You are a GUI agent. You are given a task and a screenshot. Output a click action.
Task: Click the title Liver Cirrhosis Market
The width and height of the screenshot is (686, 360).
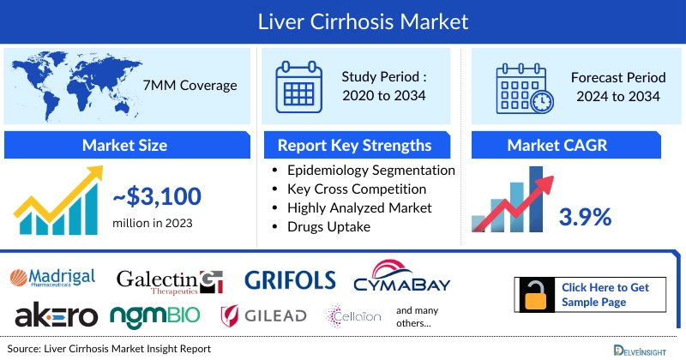coord(343,21)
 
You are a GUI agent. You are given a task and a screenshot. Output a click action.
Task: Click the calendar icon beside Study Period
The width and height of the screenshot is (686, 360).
coord(298,86)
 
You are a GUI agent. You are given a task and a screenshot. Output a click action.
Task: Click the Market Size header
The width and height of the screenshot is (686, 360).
coord(124,145)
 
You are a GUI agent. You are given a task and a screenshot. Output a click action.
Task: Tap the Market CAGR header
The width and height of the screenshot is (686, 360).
coord(557,145)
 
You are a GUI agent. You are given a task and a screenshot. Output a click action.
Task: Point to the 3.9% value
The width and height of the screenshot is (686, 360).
coord(585,217)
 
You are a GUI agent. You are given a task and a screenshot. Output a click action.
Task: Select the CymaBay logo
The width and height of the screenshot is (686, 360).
coord(402,277)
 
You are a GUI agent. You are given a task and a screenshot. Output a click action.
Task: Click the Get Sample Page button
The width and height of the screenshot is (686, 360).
coord(591,294)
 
